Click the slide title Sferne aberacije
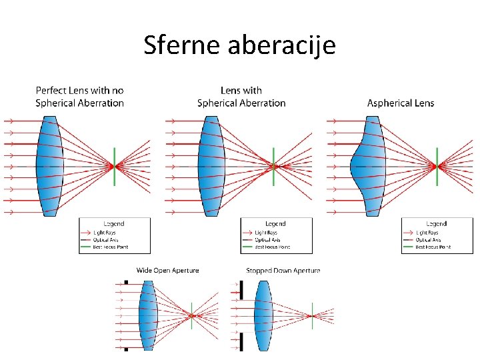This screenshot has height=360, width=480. point(240,45)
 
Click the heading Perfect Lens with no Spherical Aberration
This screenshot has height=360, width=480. point(79,97)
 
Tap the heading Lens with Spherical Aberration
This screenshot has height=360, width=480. point(241,97)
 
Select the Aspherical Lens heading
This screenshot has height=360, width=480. point(401,103)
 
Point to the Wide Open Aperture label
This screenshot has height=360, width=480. point(167,271)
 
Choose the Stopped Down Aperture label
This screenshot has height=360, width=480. point(283,271)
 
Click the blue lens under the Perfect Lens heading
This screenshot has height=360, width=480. point(49,165)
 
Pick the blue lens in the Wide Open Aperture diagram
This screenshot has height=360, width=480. point(147,315)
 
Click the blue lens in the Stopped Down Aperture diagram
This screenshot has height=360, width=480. point(264,315)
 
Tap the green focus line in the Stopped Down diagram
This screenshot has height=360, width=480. point(312,315)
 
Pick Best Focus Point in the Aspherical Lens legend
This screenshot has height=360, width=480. point(433,247)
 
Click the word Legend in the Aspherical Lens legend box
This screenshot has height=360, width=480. point(437,223)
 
